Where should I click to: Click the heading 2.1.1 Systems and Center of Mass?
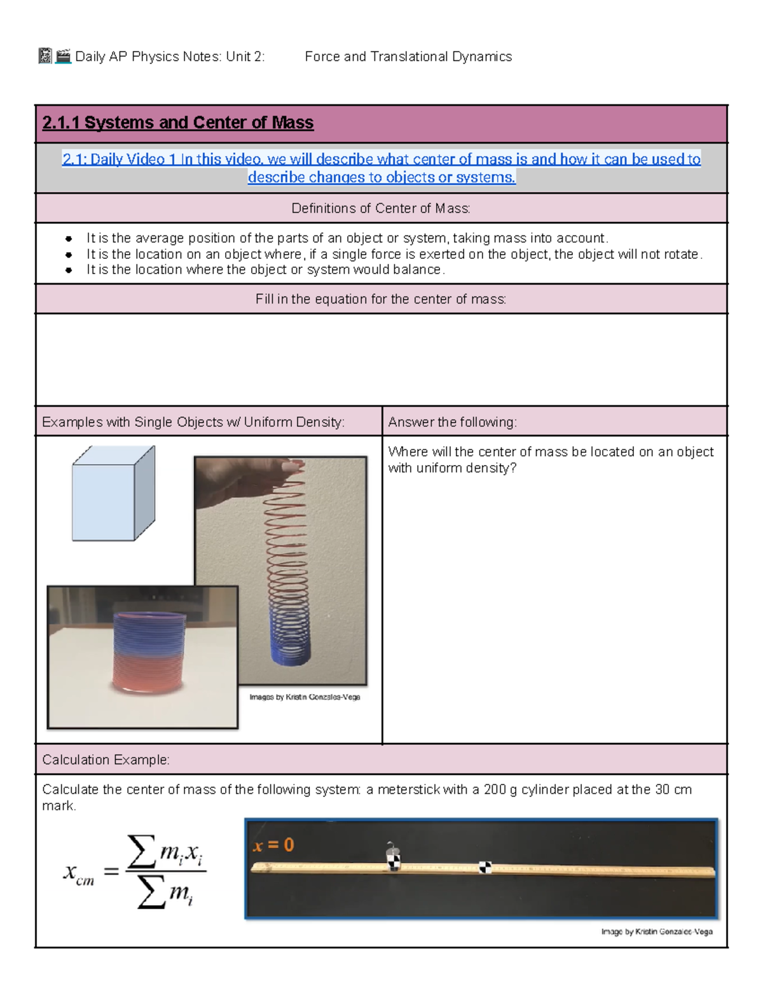click(177, 122)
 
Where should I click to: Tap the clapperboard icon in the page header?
click(63, 57)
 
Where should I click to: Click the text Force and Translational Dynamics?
click(408, 57)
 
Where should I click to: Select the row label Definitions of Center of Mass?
click(380, 208)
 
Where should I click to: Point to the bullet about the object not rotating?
click(394, 254)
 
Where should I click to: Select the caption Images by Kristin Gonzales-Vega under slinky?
click(305, 697)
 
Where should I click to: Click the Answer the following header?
click(452, 422)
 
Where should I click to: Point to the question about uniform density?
click(550, 459)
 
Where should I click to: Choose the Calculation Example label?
click(106, 760)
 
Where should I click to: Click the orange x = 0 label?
click(273, 845)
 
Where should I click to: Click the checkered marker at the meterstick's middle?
click(485, 867)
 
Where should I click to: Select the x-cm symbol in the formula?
click(78, 873)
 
